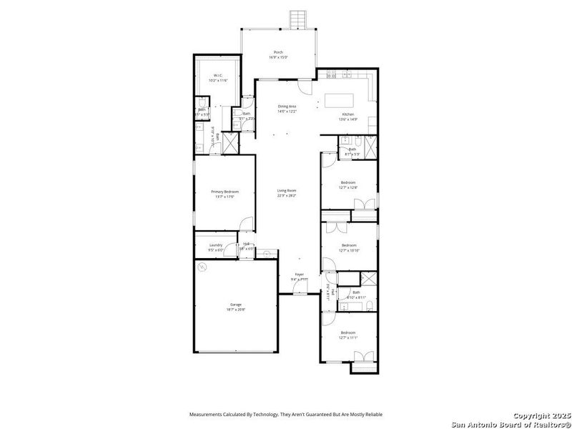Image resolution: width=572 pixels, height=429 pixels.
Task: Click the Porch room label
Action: [279, 52]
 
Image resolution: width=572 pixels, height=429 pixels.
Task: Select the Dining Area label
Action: [287, 107]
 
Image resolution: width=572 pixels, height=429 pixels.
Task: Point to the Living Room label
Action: [287, 190]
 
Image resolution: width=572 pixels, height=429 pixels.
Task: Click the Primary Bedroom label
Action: [225, 192]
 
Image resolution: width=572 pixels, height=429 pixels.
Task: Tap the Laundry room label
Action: [216, 245]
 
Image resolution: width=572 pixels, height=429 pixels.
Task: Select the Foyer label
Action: [300, 275]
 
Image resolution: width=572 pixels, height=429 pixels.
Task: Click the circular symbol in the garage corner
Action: [202, 267]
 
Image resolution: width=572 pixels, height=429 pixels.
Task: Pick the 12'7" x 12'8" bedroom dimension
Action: [348, 187]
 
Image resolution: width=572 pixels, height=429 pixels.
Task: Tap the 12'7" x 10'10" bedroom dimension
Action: [348, 250]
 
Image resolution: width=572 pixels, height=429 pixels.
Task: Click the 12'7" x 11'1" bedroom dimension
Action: [348, 337]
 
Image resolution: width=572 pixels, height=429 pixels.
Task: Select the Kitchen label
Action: [347, 114]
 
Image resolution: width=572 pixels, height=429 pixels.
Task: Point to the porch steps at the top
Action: [297, 18]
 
